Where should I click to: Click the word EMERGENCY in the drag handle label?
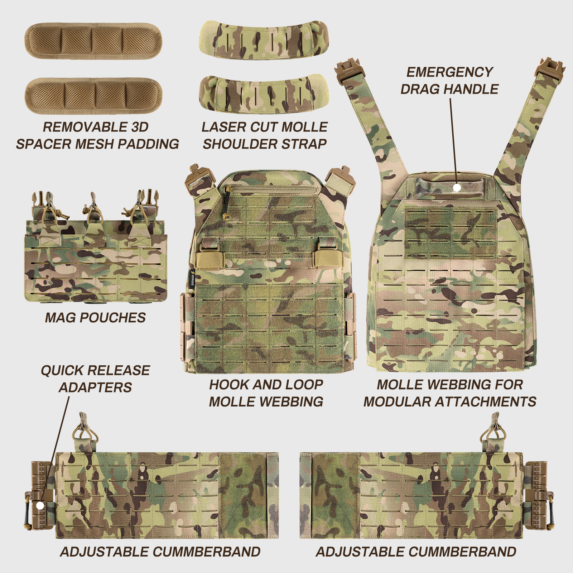click(450, 72)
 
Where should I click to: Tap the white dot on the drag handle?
click(457, 187)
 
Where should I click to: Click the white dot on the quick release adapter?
click(40, 505)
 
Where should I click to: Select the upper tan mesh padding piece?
click(93, 41)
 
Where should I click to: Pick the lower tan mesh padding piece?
click(93, 96)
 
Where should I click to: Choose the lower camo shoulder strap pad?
click(264, 94)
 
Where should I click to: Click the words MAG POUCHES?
click(95, 318)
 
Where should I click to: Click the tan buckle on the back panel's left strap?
click(349, 72)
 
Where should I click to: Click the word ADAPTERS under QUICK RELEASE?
click(95, 387)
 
